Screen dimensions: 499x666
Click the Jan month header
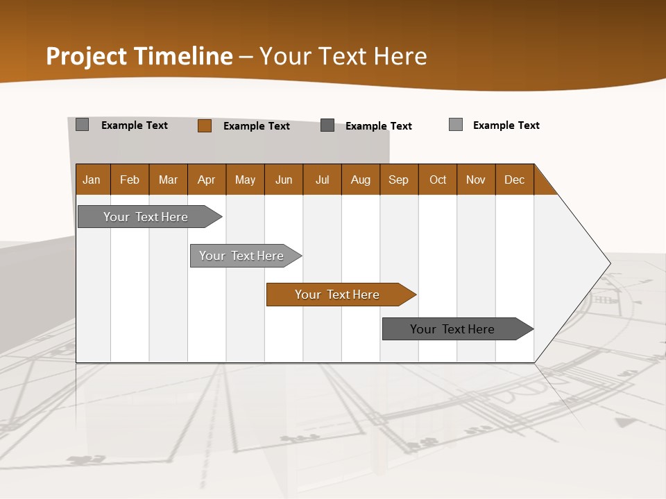point(92,180)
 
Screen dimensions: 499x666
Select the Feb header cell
point(130,180)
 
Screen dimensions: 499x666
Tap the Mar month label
point(168,180)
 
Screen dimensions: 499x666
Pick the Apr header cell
point(207,180)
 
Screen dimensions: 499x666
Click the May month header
point(245,180)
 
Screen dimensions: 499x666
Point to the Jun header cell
point(284,180)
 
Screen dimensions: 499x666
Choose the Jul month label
point(322,180)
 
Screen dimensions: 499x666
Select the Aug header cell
point(361,180)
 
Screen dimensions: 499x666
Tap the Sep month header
point(399,180)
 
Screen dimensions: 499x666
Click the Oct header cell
point(438,180)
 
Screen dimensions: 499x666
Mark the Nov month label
point(476,180)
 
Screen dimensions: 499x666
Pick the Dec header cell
point(515,180)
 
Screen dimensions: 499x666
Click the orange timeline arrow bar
point(338,295)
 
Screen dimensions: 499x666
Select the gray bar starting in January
point(146,217)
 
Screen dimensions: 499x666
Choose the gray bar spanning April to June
point(242,256)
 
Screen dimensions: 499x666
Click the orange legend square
point(205,125)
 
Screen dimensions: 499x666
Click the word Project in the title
point(87,56)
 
